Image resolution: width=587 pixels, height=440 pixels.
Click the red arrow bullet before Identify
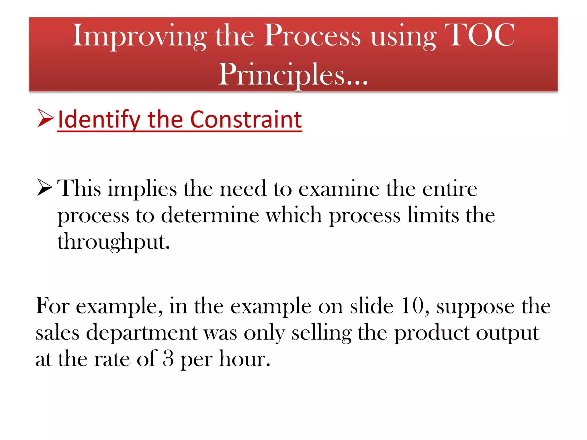click(45, 118)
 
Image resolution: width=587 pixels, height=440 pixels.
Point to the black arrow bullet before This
click(45, 187)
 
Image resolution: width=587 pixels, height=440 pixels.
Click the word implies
click(142, 189)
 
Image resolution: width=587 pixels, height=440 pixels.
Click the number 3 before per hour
click(168, 359)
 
